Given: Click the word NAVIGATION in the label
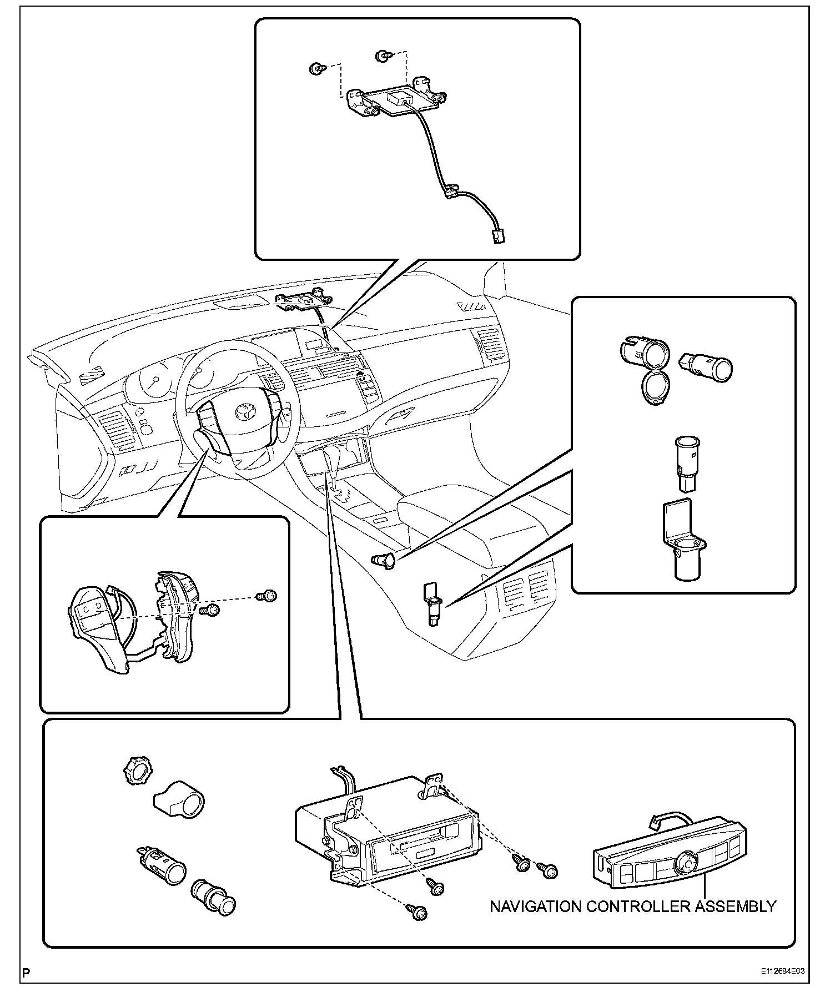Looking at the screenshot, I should [535, 907].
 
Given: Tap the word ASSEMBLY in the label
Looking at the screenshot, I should [733, 907].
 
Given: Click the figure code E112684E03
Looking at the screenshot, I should [783, 972].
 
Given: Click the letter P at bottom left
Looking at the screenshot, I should [26, 972].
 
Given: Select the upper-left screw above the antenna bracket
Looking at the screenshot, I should [316, 69].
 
